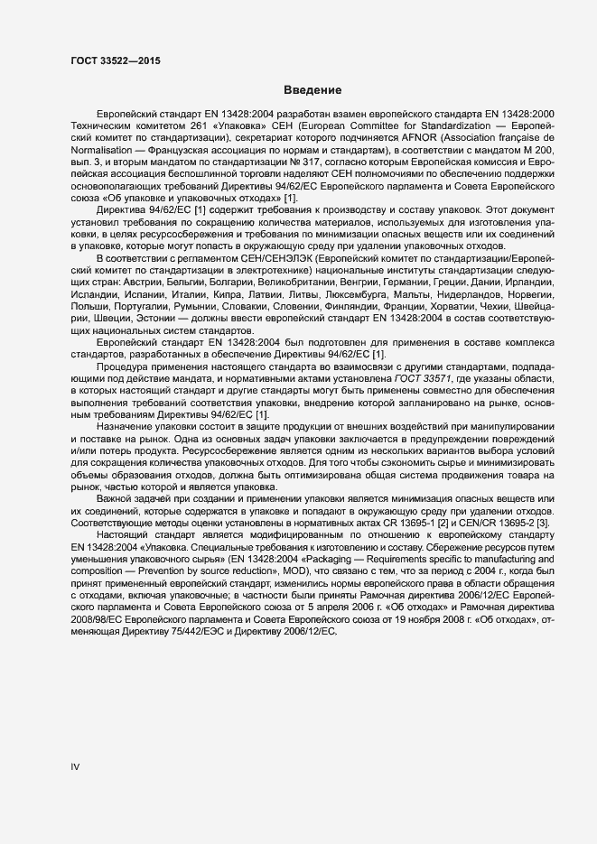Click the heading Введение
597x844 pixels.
[x=312, y=91]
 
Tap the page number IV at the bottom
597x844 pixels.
[x=76, y=767]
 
